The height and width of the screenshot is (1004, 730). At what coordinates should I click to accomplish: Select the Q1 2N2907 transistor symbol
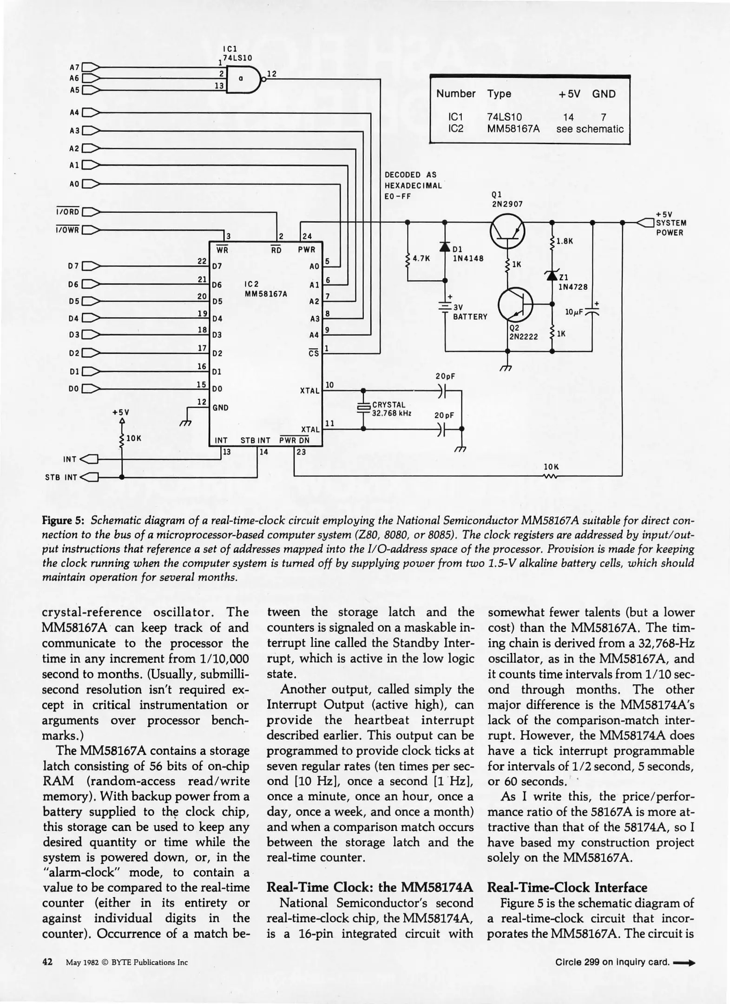tap(507, 231)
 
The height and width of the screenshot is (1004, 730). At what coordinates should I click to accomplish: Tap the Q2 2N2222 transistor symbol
tap(515, 305)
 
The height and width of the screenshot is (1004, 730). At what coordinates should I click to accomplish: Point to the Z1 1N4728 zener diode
tap(552, 275)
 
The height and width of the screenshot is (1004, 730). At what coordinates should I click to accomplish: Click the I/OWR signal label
tap(68, 230)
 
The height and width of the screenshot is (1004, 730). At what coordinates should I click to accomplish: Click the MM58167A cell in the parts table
tap(513, 129)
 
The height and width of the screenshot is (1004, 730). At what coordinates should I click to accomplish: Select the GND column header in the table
tap(604, 94)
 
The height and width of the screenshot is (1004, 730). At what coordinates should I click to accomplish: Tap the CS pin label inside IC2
tap(314, 353)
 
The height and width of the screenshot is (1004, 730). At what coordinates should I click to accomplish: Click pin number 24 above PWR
tap(307, 237)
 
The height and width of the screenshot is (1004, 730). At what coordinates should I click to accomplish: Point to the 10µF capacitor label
tap(573, 312)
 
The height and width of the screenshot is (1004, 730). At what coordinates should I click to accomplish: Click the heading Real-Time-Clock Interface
tap(567, 887)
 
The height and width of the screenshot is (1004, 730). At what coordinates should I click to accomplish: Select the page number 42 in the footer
tap(48, 962)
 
